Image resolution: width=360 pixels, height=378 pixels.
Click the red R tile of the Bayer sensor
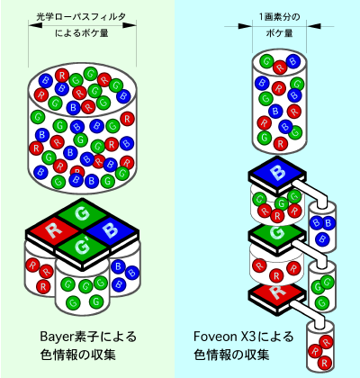[54, 230]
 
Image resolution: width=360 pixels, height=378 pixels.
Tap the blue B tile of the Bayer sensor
[111, 230]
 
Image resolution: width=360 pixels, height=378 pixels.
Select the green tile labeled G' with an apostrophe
[82, 246]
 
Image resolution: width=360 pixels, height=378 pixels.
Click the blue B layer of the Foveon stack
[276, 174]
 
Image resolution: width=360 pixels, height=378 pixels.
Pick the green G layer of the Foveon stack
[276, 232]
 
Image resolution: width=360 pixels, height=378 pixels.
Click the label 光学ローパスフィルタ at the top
[81, 16]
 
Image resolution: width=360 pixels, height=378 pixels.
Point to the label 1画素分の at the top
[280, 16]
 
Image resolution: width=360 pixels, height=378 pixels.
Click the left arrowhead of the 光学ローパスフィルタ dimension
[35, 25]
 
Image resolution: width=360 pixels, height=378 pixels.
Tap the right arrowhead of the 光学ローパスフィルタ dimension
[130, 25]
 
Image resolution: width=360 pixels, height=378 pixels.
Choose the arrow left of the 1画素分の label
[238, 26]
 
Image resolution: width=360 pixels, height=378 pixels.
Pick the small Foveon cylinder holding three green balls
[322, 286]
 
